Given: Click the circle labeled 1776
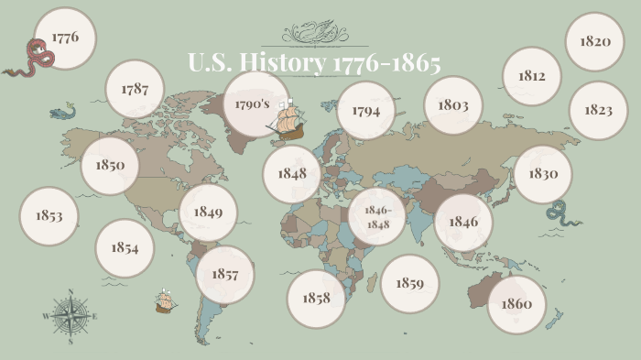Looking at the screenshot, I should tap(65, 38).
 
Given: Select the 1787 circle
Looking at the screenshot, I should tap(135, 90).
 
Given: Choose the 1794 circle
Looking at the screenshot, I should tap(365, 110).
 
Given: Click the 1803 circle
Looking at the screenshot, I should tap(453, 105).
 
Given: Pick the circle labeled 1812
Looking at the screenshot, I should tap(532, 76).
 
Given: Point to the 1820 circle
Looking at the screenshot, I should tap(594, 42).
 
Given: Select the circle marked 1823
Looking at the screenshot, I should tap(598, 110).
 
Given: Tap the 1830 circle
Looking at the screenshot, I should tap(543, 174).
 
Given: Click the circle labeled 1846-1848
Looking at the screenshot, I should tap(377, 218).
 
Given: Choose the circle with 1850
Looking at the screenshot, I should tap(110, 167).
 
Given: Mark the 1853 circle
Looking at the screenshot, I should tap(49, 216).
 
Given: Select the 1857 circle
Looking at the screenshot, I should tap(224, 275).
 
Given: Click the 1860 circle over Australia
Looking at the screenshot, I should tap(516, 304).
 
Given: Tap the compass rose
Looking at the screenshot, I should tap(70, 316).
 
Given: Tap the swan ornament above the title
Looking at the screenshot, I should tap(314, 34).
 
